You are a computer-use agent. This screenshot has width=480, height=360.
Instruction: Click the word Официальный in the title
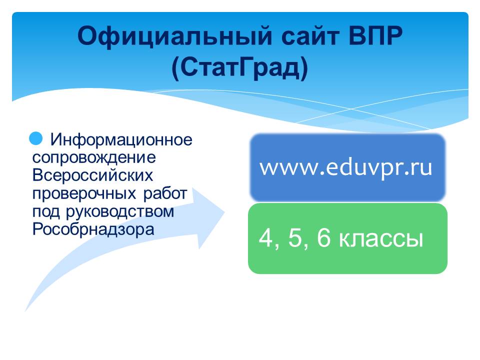175,36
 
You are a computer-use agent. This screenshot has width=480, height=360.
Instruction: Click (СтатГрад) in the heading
239,68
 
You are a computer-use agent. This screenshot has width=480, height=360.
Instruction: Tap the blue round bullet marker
36,138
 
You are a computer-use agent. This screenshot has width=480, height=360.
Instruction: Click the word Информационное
121,139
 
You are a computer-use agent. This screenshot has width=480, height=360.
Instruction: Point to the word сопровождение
94,158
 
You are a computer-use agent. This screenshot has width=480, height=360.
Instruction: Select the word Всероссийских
92,175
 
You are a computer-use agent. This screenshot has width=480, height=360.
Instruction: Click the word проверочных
84,194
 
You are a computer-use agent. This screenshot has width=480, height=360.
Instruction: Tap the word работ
165,193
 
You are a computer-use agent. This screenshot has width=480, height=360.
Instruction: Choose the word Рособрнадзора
93,229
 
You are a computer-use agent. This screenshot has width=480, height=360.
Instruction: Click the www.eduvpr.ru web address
346,168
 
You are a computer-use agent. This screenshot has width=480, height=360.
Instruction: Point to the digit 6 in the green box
324,238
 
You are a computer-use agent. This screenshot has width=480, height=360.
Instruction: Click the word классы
381,239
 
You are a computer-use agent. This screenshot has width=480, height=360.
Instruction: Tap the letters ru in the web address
423,168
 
